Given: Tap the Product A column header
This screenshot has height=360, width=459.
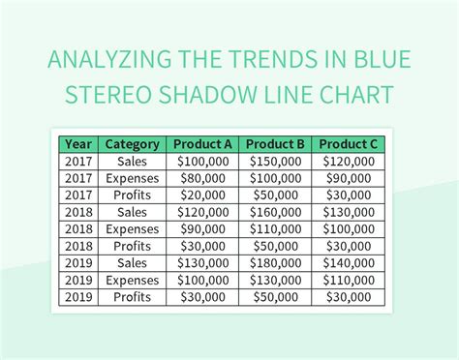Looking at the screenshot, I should click(x=202, y=144).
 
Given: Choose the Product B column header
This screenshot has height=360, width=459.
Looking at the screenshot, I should click(x=274, y=144).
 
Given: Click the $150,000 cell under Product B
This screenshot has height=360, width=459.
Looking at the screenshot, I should click(x=274, y=162).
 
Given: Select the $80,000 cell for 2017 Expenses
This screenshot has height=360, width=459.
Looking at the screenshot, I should click(x=202, y=178).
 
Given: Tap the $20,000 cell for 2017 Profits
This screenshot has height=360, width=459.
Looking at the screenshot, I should click(x=202, y=195).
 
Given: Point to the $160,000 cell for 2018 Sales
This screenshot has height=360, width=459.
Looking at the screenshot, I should click(x=274, y=212).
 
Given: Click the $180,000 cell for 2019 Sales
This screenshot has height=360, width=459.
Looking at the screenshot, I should click(x=274, y=262).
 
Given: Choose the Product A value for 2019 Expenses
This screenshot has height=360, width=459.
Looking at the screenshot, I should click(x=202, y=279).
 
